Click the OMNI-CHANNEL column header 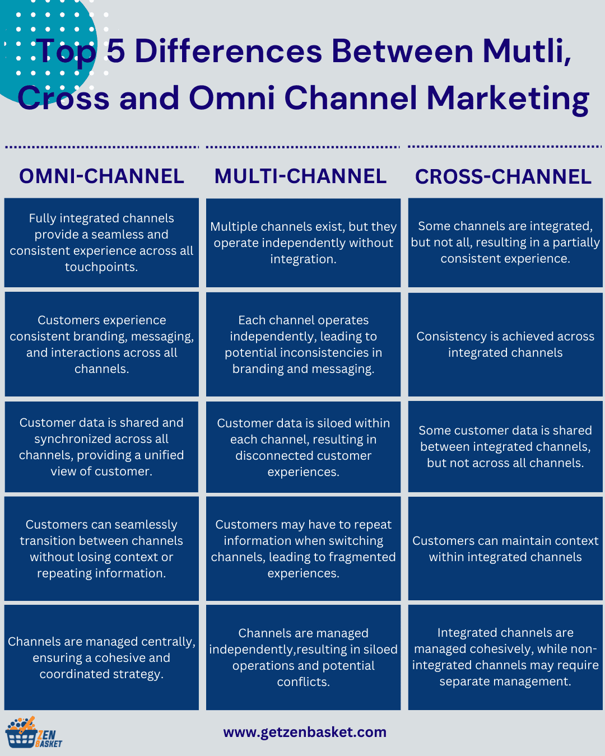[x=101, y=176]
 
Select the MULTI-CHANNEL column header [x=300, y=176]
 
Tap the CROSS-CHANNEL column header [x=503, y=177]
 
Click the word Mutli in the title [x=526, y=52]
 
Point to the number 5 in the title [x=115, y=52]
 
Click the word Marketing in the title [x=508, y=99]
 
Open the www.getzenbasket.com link [x=305, y=732]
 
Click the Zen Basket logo [x=34, y=733]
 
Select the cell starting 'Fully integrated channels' [x=101, y=242]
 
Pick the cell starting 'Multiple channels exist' [x=303, y=242]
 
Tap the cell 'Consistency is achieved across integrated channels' [x=505, y=344]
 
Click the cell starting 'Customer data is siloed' [x=303, y=447]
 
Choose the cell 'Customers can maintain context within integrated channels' [x=505, y=549]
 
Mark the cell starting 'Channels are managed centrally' [x=101, y=657]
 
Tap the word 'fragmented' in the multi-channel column [x=361, y=557]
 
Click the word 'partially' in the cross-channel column [x=576, y=242]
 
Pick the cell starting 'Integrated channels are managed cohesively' [x=505, y=657]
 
